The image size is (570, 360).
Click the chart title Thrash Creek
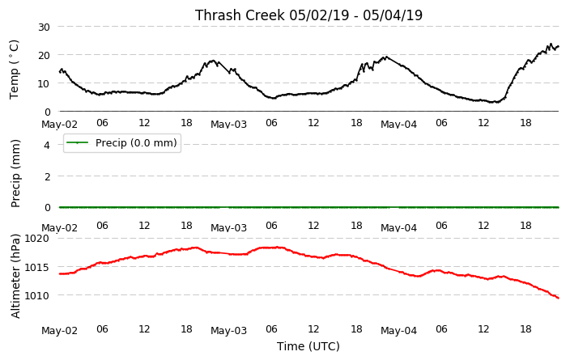[240, 15]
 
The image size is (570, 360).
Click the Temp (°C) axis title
[14, 70]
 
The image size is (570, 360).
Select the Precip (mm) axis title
[15, 174]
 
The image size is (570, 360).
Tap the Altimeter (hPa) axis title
[15, 277]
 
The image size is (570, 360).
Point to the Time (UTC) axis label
[308, 346]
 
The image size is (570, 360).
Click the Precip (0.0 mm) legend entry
[122, 142]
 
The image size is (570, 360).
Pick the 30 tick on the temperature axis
[44, 27]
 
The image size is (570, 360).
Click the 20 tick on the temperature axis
[44, 55]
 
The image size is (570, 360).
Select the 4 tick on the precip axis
[47, 145]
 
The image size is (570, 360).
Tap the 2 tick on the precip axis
[47, 176]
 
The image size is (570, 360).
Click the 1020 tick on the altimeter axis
[36, 239]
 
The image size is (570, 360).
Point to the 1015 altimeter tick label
[36, 267]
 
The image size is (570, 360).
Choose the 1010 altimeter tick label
[36, 296]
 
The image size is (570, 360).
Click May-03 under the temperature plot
[228, 125]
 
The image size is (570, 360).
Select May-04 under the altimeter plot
[399, 331]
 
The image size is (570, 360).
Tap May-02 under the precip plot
[60, 228]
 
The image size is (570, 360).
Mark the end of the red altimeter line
[559, 299]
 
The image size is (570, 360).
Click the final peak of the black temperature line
[551, 44]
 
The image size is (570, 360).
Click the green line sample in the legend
[77, 142]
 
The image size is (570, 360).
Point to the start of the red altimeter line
[60, 274]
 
